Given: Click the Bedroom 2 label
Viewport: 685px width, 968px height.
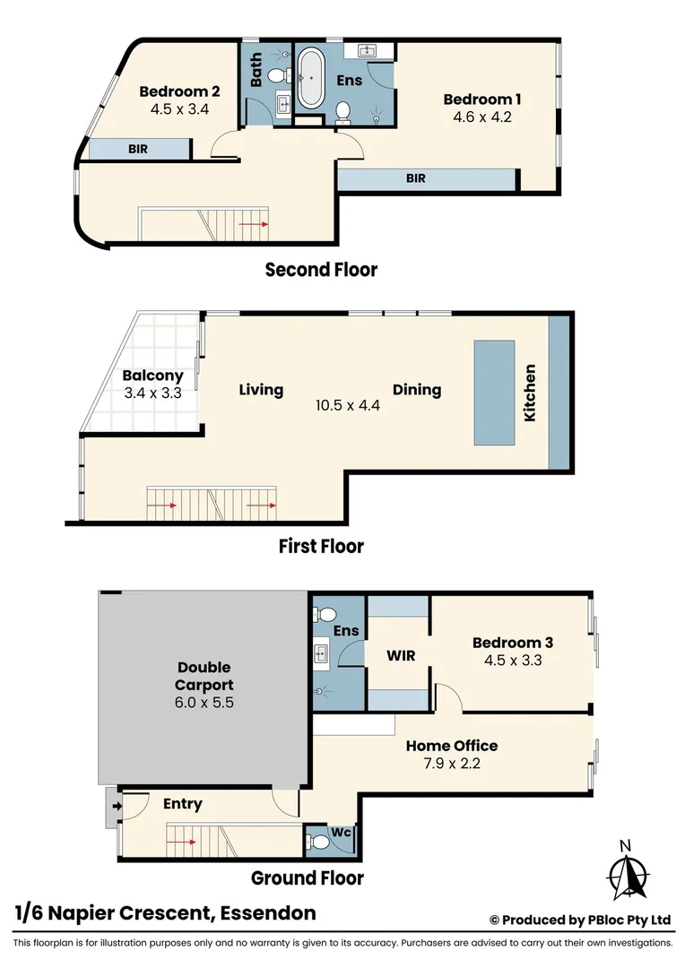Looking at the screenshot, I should pyautogui.click(x=179, y=91).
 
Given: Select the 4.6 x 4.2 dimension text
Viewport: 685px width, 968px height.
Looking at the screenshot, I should pyautogui.click(x=482, y=117).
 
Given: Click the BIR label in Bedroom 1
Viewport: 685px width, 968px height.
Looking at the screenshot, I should pyautogui.click(x=416, y=178).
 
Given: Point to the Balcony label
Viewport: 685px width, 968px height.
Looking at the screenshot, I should pyautogui.click(x=152, y=376).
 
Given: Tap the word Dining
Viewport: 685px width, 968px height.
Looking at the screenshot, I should pyautogui.click(x=417, y=390).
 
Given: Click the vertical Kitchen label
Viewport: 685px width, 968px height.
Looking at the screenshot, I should pyautogui.click(x=530, y=393).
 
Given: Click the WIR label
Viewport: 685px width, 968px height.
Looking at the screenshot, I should pyautogui.click(x=400, y=656).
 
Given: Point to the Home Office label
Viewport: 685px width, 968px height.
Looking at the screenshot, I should pyautogui.click(x=452, y=746).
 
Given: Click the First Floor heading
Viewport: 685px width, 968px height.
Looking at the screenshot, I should pyautogui.click(x=320, y=546).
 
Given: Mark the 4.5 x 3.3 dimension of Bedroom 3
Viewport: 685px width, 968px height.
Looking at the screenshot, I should pyautogui.click(x=512, y=661).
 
